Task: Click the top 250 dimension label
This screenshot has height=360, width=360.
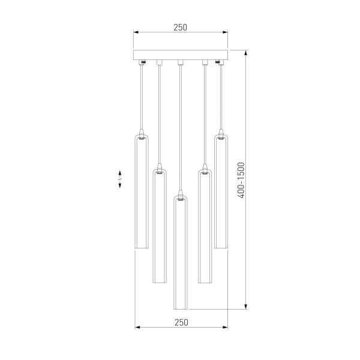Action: (x=180, y=27)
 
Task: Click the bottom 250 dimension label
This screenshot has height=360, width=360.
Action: (x=181, y=322)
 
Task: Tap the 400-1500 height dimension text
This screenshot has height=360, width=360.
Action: (x=241, y=180)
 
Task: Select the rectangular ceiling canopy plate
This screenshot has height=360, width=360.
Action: (x=180, y=55)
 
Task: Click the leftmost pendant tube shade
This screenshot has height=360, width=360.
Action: (x=140, y=192)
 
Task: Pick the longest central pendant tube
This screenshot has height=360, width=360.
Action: (x=180, y=252)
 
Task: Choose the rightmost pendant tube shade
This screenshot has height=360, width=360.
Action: (x=220, y=192)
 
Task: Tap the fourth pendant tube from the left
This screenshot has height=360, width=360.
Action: (x=204, y=228)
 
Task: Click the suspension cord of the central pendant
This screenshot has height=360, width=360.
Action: (x=180, y=126)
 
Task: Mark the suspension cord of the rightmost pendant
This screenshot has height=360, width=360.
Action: (x=220, y=96)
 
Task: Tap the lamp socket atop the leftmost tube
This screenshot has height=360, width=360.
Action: (x=140, y=134)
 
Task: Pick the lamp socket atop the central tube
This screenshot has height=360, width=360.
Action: (x=180, y=193)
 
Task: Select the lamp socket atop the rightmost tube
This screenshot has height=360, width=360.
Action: (x=220, y=134)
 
